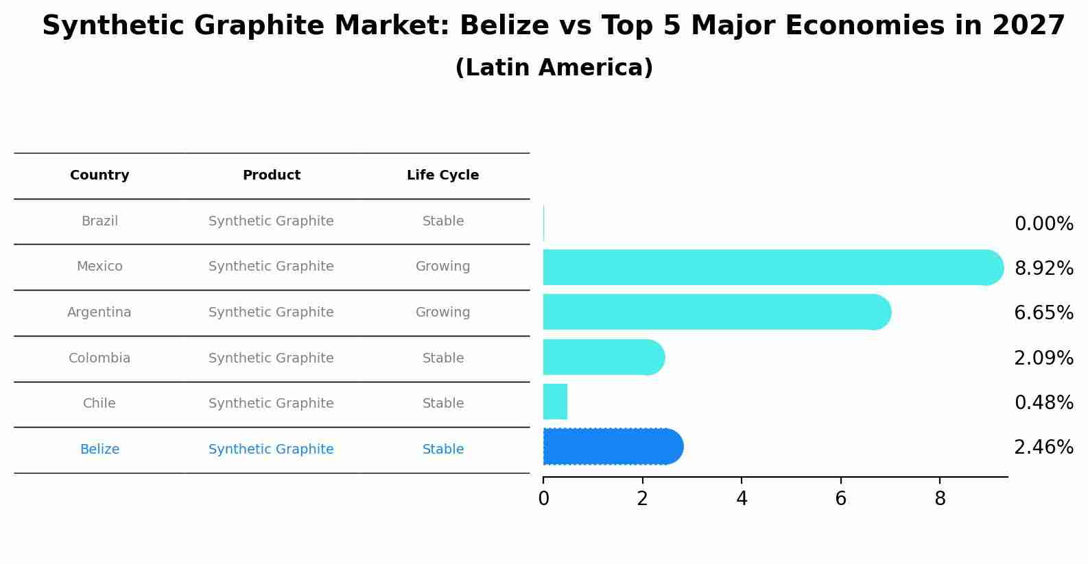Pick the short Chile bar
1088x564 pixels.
point(555,402)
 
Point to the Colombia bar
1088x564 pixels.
point(603,357)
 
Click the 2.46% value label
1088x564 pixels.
point(1043,447)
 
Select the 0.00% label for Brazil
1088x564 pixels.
point(1043,224)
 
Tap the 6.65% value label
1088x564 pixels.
point(1043,313)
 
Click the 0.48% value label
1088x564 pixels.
point(1043,403)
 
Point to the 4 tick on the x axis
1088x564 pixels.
point(742,499)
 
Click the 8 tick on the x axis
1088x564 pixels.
point(940,499)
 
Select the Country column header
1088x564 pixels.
point(99,175)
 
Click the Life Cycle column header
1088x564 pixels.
point(442,175)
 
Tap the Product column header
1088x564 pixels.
point(272,175)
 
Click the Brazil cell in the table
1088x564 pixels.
point(99,221)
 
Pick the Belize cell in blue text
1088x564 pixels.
point(99,450)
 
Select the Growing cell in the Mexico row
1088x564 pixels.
point(442,267)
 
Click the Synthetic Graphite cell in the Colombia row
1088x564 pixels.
point(271,358)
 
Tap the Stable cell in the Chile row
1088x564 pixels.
point(442,404)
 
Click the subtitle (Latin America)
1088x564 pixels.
point(554,68)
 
